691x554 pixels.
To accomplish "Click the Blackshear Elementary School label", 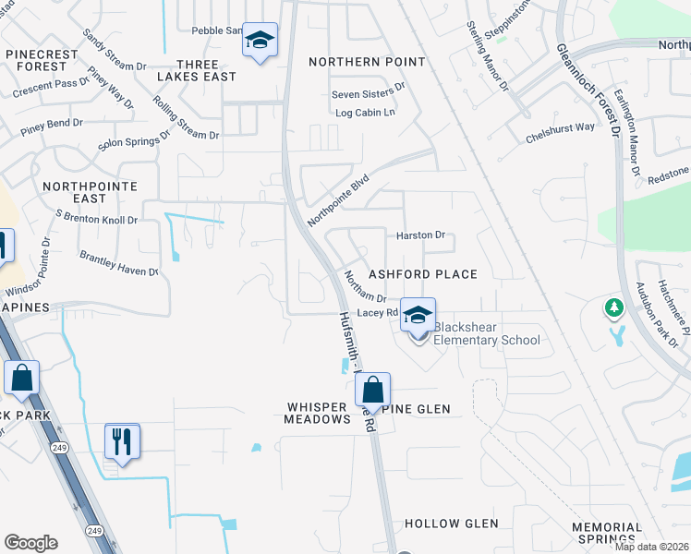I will coord(487,333).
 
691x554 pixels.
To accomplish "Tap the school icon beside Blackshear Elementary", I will coord(418,316).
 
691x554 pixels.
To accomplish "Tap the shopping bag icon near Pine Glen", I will coord(373,390).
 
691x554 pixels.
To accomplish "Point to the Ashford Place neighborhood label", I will coord(423,274).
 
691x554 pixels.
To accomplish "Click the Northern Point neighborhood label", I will coord(367,62).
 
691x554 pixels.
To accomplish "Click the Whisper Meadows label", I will coord(319,413).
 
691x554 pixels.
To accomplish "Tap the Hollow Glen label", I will coord(451,524).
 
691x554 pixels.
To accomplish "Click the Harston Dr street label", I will coord(420,235).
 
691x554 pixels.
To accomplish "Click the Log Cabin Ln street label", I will coord(365,113).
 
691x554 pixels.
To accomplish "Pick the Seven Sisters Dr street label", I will coord(369,92).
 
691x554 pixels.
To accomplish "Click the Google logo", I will coord(30,542).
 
